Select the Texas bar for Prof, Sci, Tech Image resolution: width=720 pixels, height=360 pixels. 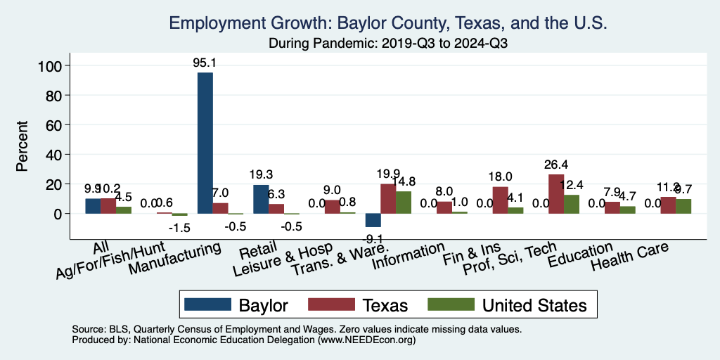coord(556,193)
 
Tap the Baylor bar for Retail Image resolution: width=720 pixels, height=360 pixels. coord(261,199)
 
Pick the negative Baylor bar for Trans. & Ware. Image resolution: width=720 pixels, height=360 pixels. coord(372,220)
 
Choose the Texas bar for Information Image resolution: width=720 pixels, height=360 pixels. coord(444,207)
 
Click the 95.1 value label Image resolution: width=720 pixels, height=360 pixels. coord(205,63)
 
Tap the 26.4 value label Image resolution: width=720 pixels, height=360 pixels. coord(556,165)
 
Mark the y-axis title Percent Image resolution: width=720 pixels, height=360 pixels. coord(22,146)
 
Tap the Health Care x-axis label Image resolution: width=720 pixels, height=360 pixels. coord(629,256)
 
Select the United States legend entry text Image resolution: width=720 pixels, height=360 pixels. coord(534,305)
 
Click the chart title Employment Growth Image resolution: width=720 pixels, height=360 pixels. coord(387,23)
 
